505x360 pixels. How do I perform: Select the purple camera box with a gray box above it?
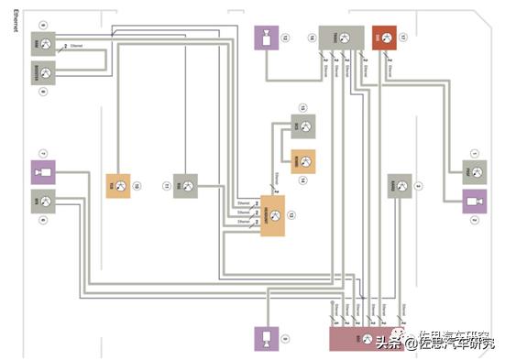click(475, 202)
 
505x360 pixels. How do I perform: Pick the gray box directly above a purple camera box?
click(475, 170)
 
